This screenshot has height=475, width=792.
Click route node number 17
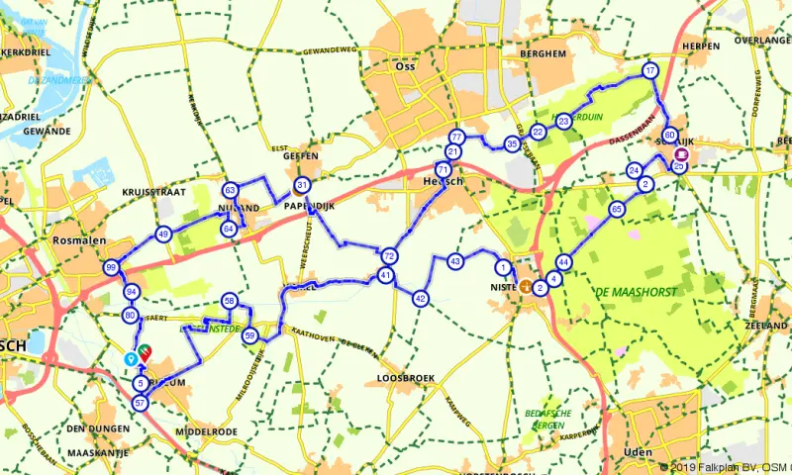[x=649, y=71]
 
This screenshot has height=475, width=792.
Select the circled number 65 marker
[x=617, y=209]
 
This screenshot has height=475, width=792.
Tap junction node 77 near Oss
[x=456, y=137]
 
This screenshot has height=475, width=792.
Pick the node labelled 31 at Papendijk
[x=302, y=186]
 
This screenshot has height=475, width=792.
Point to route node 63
[x=230, y=190]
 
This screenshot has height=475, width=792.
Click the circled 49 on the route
[x=163, y=235]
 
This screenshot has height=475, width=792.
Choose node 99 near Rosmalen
[x=111, y=268]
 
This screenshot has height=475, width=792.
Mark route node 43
[x=455, y=261]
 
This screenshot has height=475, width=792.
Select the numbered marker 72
[x=389, y=256]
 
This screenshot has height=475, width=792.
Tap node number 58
[x=229, y=301]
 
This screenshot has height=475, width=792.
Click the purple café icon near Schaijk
[x=680, y=154]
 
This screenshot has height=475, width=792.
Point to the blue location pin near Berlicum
[x=130, y=358]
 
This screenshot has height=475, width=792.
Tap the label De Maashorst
[x=631, y=291]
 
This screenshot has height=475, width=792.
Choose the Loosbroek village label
[x=405, y=378]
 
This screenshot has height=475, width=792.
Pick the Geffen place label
[x=300, y=155]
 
